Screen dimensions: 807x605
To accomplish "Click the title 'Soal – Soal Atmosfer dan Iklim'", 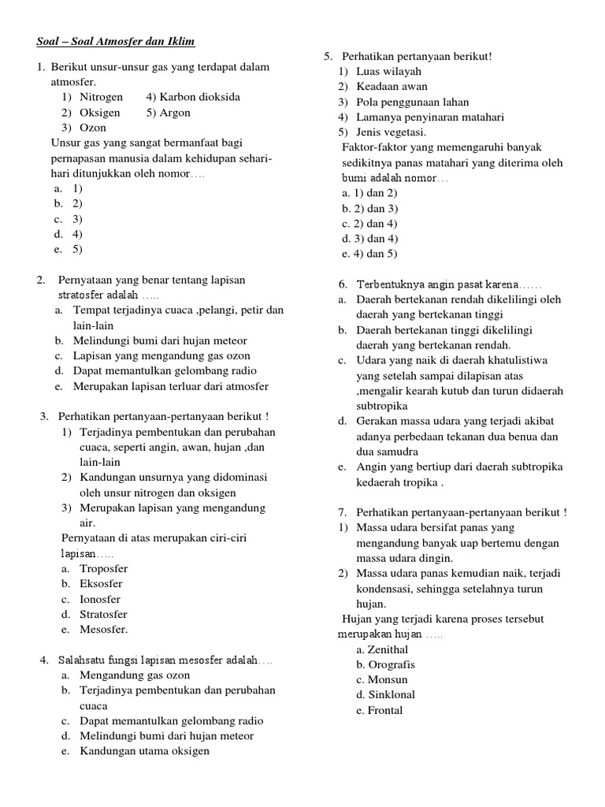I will tap(116, 41).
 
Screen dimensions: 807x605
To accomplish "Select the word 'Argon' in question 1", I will tap(176, 113).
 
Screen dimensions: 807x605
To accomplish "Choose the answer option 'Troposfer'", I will tap(103, 568).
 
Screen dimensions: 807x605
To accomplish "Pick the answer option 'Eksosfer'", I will tap(102, 584).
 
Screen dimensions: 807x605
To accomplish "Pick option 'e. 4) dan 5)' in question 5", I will tap(370, 253).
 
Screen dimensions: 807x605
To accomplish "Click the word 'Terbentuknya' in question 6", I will tap(390, 284).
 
